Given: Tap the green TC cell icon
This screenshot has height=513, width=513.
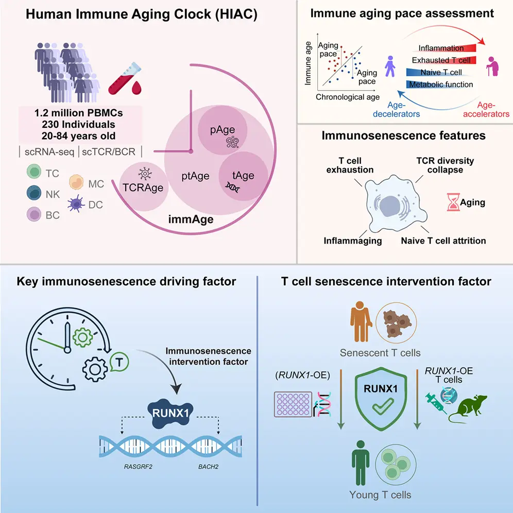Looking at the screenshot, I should click(x=32, y=173).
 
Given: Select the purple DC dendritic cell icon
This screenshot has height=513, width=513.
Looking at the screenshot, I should click(x=77, y=204).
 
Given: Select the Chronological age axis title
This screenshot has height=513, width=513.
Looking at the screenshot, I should click(x=348, y=97).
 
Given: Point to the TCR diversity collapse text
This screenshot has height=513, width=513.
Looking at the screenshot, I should click(x=445, y=165).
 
